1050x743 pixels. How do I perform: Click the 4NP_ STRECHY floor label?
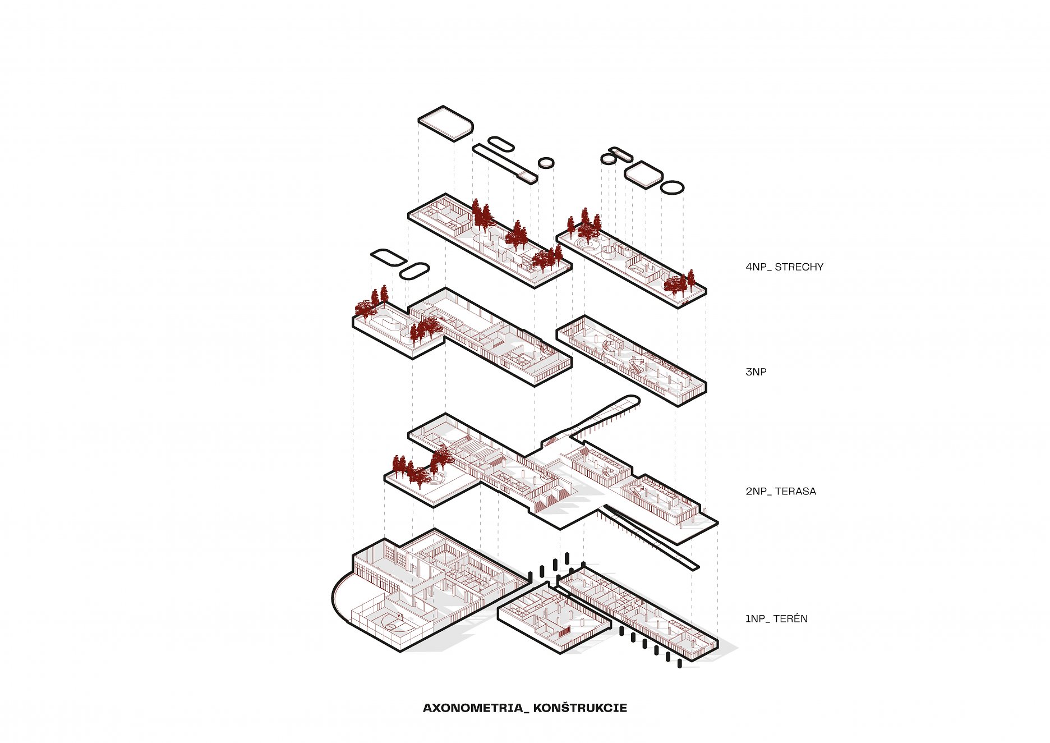(784, 267)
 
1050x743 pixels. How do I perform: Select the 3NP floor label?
(756, 372)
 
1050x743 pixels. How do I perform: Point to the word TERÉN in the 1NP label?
(790, 619)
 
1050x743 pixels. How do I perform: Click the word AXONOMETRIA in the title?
(472, 708)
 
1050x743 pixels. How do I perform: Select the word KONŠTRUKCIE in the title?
(580, 708)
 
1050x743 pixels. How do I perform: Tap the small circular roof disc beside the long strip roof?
(546, 162)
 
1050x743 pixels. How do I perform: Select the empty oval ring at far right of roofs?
(672, 187)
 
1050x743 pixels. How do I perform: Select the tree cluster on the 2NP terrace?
(418, 470)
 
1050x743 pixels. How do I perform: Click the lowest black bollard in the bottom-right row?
(680, 664)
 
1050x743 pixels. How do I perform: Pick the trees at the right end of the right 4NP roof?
(679, 284)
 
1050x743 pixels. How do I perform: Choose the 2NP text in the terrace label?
(756, 492)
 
